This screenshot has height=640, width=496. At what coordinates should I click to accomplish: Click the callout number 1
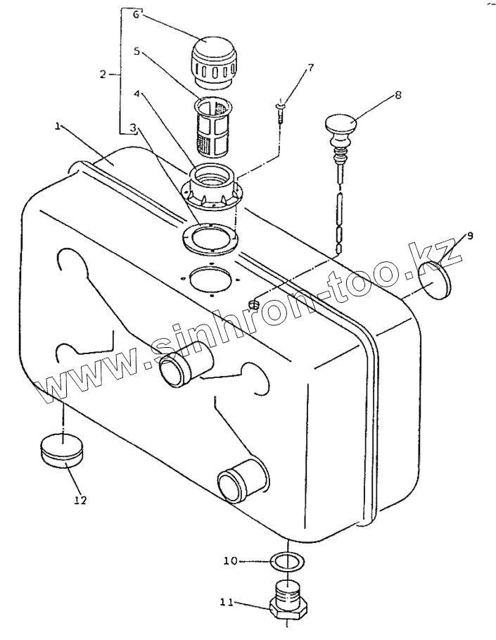point(58,127)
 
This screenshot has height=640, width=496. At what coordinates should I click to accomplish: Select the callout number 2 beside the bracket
point(103,75)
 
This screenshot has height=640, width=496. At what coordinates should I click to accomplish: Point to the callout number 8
point(398,95)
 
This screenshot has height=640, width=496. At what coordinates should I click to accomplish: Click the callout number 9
point(470,236)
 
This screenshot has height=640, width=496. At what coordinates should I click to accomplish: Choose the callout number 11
point(227,602)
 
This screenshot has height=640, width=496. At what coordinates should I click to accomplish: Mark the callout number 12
point(81,500)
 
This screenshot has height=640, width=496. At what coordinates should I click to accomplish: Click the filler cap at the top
point(214,63)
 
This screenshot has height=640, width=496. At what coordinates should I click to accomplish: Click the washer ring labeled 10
point(288,563)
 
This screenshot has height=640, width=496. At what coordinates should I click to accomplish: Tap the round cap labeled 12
point(63,451)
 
